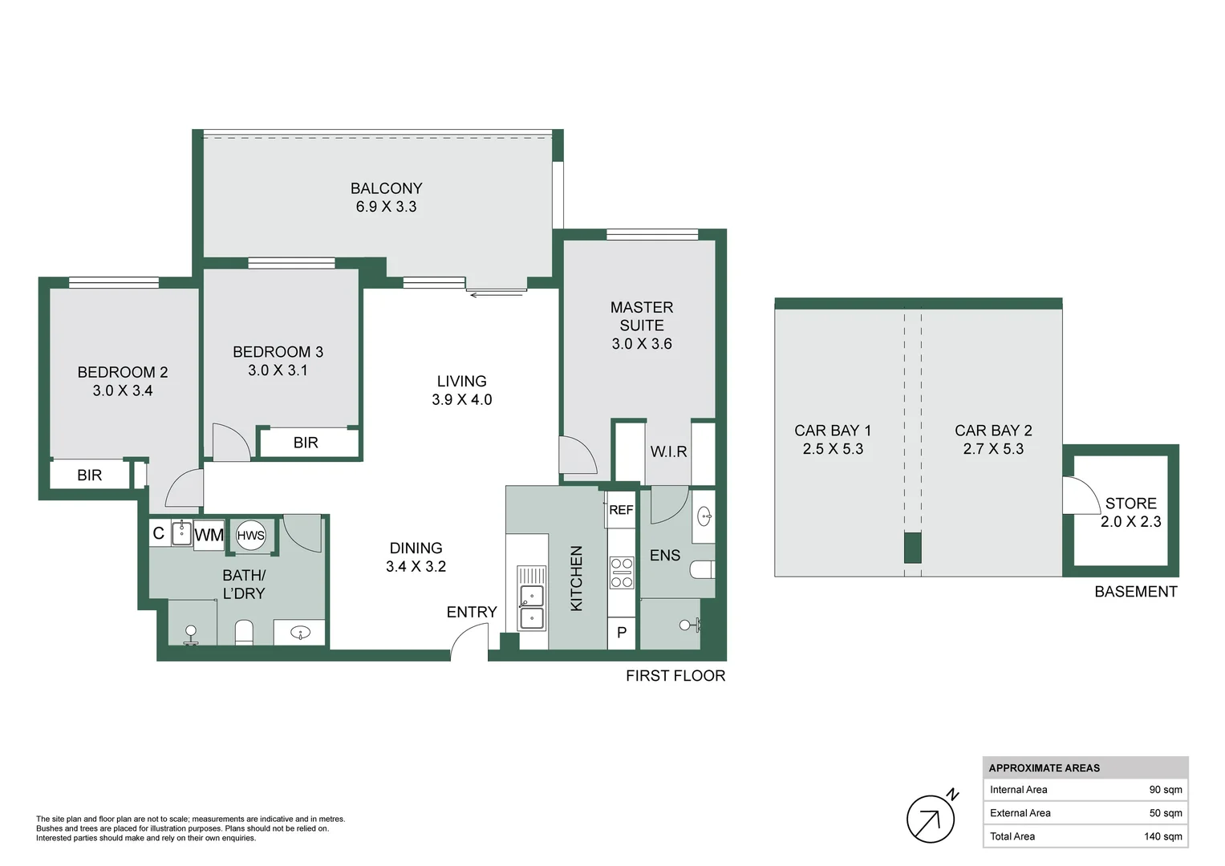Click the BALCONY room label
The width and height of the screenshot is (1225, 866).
[x=386, y=188]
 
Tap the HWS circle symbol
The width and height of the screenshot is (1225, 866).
[x=250, y=536]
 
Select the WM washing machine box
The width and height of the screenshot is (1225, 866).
[x=209, y=535]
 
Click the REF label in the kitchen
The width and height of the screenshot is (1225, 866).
[x=621, y=510]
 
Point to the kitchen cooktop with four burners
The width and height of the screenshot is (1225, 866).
[x=622, y=573]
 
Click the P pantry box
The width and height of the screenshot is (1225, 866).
[x=622, y=633]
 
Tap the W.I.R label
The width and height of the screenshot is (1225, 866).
[x=668, y=451]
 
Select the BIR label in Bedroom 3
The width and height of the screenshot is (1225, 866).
[x=306, y=443]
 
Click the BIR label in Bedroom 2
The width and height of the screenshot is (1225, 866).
[x=90, y=475]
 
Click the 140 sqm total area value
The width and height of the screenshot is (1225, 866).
[x=1162, y=836]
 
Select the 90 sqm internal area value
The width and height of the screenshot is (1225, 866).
[x=1165, y=790]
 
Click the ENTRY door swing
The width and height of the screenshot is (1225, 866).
[x=469, y=642]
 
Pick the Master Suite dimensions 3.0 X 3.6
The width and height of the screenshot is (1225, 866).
[x=642, y=344]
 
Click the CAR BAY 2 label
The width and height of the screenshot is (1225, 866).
[x=993, y=431]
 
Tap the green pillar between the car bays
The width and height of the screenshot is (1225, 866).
[x=913, y=548]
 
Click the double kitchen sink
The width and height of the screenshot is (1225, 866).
[x=531, y=607]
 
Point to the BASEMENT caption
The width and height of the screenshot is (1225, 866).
[x=1135, y=592]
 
